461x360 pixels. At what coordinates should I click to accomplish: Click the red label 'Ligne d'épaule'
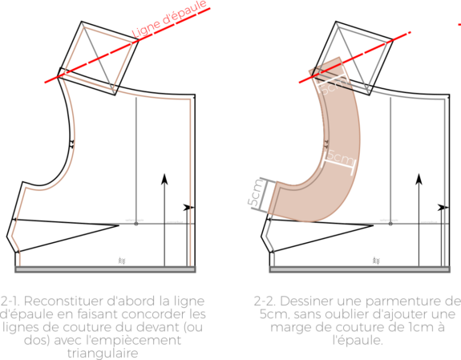(x=170, y=19)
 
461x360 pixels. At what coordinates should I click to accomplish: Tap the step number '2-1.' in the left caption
(x=10, y=301)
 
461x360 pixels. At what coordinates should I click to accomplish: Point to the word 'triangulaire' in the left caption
(x=103, y=353)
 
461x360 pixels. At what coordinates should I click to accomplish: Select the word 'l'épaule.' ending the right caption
(x=358, y=340)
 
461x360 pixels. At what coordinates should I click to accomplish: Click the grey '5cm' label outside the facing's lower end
(x=255, y=192)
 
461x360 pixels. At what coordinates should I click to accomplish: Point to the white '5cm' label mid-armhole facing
(x=340, y=157)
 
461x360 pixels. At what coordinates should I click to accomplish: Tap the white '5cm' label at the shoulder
(x=334, y=85)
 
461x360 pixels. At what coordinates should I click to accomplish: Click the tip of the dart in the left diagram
(x=119, y=225)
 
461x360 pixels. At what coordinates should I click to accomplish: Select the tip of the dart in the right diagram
(x=373, y=225)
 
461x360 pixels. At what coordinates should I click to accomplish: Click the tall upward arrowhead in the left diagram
(x=164, y=179)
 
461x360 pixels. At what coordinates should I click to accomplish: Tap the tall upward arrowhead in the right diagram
(x=419, y=179)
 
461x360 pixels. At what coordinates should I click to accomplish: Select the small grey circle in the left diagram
(x=136, y=224)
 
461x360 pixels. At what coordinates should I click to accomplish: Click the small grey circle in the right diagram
(x=390, y=224)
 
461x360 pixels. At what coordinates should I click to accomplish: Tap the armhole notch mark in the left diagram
(x=71, y=144)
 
